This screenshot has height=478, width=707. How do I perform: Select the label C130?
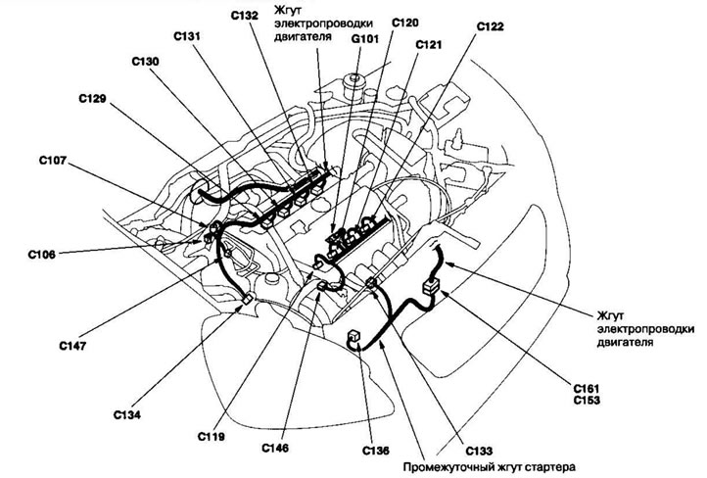pyautogui.click(x=147, y=61)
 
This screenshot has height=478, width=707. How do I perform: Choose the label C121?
pyautogui.click(x=429, y=44)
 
